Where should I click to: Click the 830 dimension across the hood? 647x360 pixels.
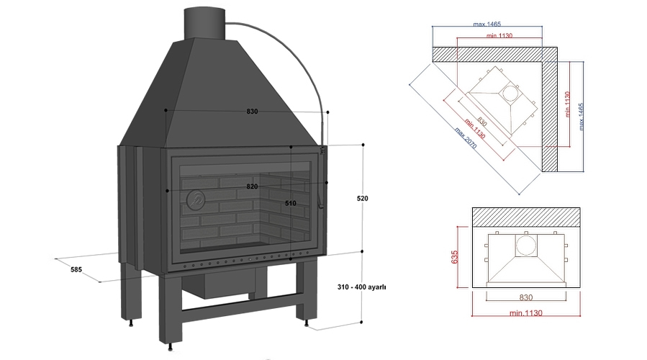tap(252, 112)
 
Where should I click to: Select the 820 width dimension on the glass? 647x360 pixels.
tap(252, 186)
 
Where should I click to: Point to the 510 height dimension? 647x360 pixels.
tap(291, 204)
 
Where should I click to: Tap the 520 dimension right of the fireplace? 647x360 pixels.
tap(363, 197)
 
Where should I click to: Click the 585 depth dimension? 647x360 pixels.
tap(76, 270)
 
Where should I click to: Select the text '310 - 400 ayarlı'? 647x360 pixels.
tap(362, 287)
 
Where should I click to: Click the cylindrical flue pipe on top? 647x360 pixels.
tap(204, 24)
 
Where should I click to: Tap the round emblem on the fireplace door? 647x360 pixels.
tap(196, 199)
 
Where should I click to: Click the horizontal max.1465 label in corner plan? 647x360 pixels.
tap(489, 24)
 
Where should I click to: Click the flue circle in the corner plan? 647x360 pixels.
tap(510, 93)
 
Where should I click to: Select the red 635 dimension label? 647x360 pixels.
tap(455, 256)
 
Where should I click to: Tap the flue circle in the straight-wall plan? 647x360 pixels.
tap(525, 246)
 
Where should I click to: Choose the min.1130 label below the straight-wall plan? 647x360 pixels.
tap(525, 312)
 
